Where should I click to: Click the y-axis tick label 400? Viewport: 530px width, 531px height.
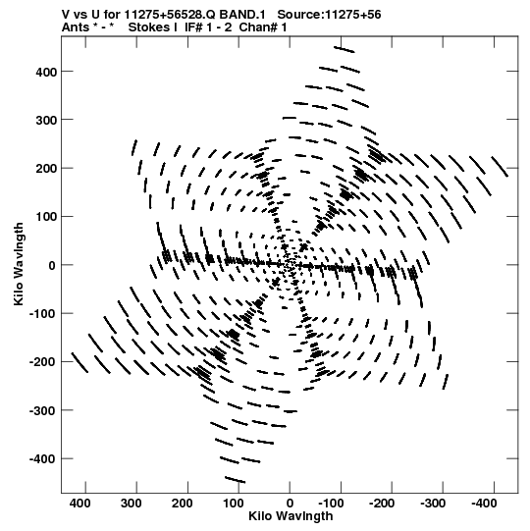pos(46,72)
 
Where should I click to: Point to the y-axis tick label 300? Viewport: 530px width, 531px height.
pos(46,120)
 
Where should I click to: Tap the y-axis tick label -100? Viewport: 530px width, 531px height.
pos(42,313)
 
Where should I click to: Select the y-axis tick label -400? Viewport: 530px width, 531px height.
pos(42,459)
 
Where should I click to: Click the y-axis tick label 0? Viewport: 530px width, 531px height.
pos(52,265)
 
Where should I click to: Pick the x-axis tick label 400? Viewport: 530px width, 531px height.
pos(79,504)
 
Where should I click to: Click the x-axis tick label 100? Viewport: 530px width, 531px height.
pos(233,504)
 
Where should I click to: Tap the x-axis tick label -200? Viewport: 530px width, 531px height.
pos(382,504)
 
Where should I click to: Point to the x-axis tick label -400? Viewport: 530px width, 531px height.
pos(484,504)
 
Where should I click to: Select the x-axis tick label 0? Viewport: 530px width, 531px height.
pos(290,504)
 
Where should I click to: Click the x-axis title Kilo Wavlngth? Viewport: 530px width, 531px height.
pos(291,516)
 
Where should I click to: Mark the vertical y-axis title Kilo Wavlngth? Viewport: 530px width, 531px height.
pos(19,264)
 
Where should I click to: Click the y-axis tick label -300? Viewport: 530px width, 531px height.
pos(42,411)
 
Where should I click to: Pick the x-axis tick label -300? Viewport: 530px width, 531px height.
pos(433,504)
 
